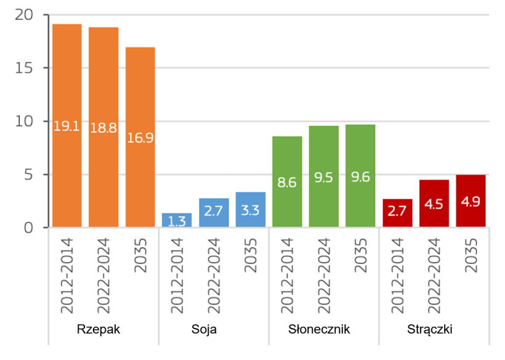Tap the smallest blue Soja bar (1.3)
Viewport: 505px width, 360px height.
point(177,220)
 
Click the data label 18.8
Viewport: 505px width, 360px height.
point(103,127)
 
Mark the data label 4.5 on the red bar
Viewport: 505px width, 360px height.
point(434,204)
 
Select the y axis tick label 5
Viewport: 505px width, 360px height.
point(28,175)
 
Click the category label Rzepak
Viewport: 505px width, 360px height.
point(99,329)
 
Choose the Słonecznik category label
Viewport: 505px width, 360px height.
point(319,329)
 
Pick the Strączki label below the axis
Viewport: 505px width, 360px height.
point(430,329)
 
